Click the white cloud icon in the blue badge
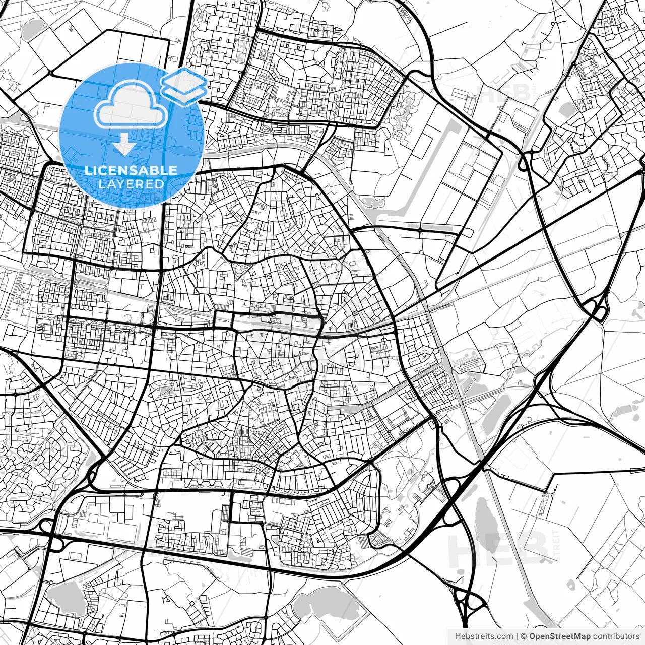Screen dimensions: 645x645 [131, 105]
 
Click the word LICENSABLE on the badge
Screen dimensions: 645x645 [131, 171]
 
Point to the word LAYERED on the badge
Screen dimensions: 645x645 [131, 184]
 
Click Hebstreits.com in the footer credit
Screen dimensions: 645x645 [484, 636]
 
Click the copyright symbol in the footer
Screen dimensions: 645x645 [524, 636]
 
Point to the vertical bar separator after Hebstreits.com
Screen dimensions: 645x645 [518, 636]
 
